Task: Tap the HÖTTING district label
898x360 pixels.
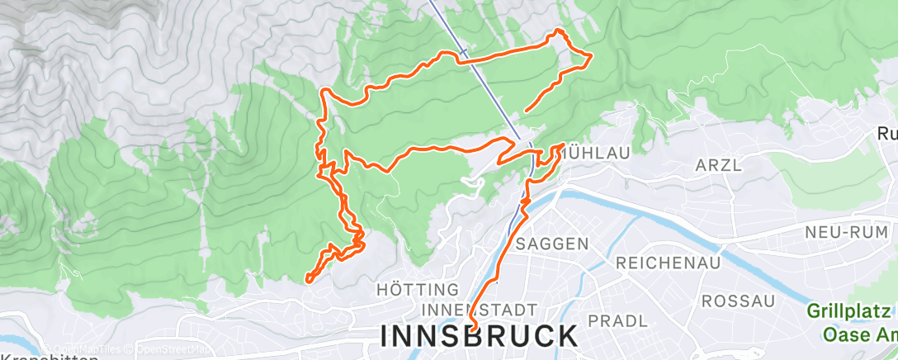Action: (417, 290)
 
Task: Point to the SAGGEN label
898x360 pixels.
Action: (552, 244)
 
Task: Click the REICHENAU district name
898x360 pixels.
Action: (669, 263)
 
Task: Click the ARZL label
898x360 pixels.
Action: (720, 165)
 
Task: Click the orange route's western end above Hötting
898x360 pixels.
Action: (307, 281)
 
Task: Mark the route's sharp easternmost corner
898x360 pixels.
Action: (591, 55)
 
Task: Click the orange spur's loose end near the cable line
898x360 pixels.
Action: (525, 110)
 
